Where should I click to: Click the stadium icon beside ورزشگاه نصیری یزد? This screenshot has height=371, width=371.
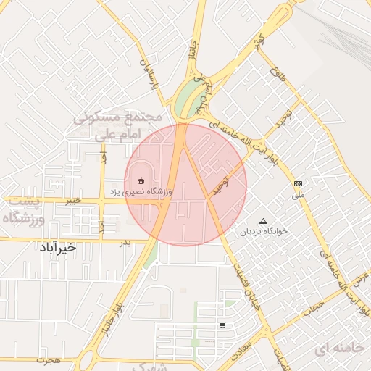pos(141,180)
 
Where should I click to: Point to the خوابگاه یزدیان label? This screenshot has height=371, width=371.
pos(264,231)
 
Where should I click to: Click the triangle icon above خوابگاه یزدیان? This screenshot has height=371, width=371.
pos(263,220)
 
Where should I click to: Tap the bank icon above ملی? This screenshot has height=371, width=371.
pos(298,183)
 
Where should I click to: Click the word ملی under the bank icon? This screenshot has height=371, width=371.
pos(298,194)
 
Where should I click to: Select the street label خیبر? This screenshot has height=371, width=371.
pos(72,201)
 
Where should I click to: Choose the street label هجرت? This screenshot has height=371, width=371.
pos(49,359)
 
